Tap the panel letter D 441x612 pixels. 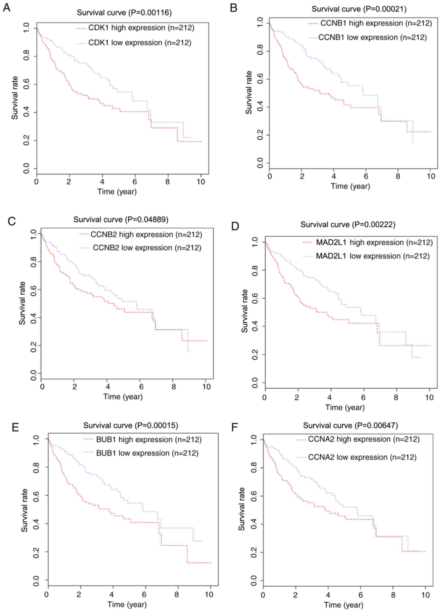click(235, 226)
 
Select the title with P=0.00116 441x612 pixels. click(124, 13)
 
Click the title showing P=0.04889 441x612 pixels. click(121, 220)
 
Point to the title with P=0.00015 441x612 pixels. click(131, 426)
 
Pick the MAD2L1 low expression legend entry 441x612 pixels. click(373, 256)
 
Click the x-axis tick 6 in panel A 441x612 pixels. click(134, 182)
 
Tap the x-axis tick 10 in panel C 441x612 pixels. click(206, 386)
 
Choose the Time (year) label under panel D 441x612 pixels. click(345, 407)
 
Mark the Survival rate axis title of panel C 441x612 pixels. click(22, 303)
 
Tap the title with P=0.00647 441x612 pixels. click(350, 426)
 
